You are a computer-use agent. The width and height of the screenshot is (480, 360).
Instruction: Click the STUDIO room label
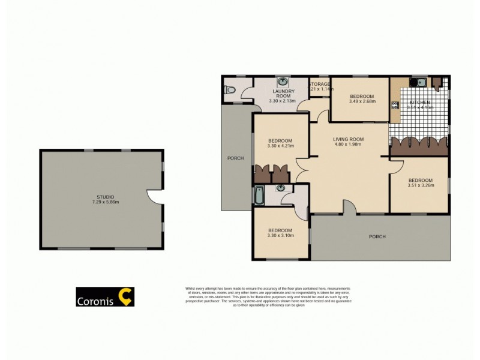tap(106, 196)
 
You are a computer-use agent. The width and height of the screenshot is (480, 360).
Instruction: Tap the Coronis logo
tap(105, 297)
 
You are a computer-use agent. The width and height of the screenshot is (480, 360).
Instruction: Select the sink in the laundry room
tap(283, 83)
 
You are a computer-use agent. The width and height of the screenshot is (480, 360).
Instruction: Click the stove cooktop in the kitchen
tap(395, 106)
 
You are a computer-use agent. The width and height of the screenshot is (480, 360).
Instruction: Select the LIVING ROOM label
tap(349, 139)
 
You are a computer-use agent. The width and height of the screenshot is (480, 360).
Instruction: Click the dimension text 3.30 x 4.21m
tap(281, 145)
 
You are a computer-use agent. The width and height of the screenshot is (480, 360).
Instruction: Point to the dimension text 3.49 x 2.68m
tap(362, 101)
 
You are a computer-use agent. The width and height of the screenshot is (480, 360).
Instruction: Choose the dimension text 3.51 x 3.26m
tap(420, 185)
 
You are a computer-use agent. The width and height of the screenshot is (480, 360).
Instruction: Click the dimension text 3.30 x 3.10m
tap(280, 236)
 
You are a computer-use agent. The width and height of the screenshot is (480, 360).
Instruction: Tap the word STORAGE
tap(320, 84)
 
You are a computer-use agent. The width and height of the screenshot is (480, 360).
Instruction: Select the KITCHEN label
tap(420, 103)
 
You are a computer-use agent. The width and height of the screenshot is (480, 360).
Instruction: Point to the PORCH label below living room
tap(377, 236)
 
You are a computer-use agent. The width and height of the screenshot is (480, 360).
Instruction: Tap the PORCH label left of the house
tap(235, 158)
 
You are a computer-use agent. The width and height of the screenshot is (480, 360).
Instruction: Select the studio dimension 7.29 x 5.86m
tap(106, 202)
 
